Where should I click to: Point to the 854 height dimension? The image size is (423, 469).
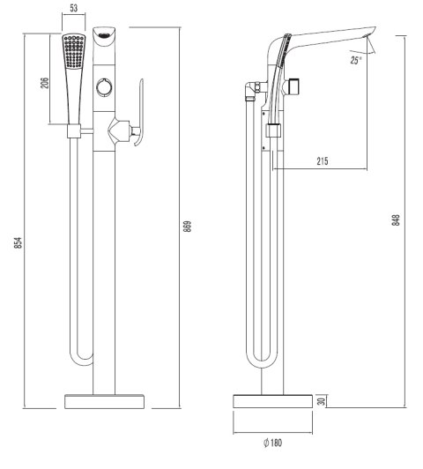(19, 242)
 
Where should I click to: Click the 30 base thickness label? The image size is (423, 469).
(323, 400)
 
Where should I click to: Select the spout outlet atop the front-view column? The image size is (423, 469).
(105, 36)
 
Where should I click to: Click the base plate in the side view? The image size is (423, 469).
(271, 400)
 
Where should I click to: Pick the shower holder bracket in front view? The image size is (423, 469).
(74, 133)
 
